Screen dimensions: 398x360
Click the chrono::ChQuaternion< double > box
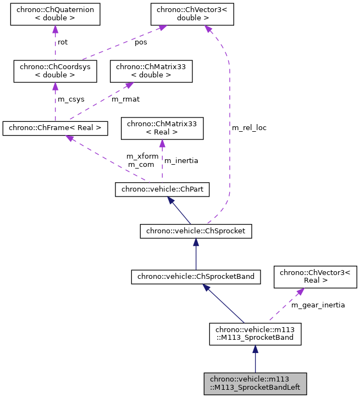[x=55, y=14]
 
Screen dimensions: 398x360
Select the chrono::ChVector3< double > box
[x=192, y=14]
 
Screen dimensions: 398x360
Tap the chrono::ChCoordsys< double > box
[x=55, y=71]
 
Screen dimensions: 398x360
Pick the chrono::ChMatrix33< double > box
[x=152, y=71]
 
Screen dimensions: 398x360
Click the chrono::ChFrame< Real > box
[x=55, y=128]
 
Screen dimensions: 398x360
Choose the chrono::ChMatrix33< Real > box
[x=162, y=128]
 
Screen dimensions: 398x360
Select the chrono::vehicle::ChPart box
[x=162, y=190]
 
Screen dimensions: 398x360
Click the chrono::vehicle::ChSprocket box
[x=196, y=232]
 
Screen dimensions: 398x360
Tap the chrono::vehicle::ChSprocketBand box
[x=196, y=277]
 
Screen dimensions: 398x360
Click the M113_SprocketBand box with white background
[x=255, y=334]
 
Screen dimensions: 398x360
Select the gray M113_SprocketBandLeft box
[x=255, y=383]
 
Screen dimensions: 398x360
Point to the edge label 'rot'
[x=63, y=42]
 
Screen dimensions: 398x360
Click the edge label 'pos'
[x=141, y=42]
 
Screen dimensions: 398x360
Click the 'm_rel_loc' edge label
[x=249, y=128]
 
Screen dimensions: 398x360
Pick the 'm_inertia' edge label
[x=181, y=161]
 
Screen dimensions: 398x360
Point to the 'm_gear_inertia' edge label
[x=318, y=305]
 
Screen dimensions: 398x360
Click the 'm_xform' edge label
[x=142, y=156]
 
